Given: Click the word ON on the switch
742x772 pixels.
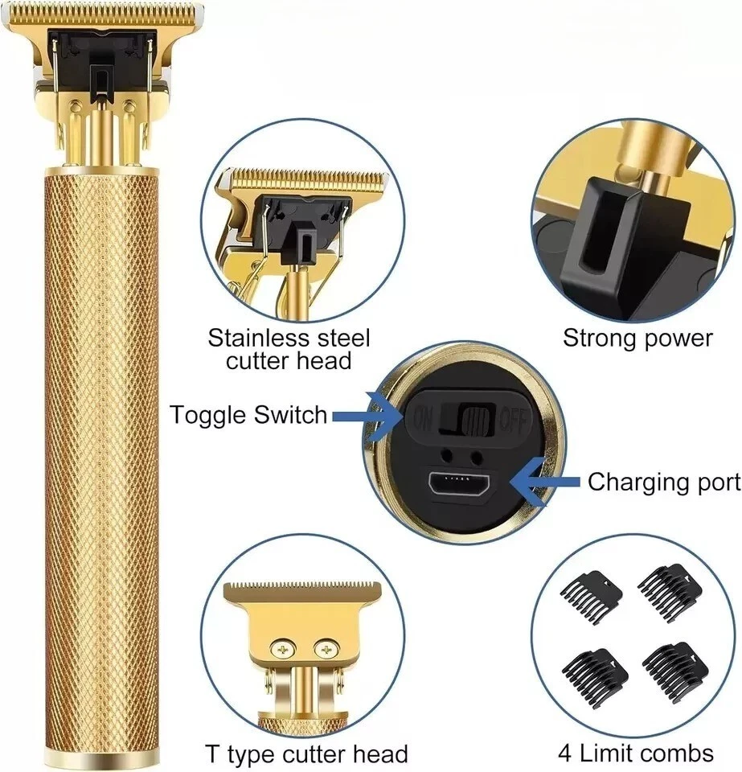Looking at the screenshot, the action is click(x=423, y=419).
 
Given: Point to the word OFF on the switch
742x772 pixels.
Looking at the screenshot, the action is click(x=513, y=421).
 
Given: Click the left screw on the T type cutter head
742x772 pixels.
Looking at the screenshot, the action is click(x=283, y=650).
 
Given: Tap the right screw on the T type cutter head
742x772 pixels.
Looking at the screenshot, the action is click(x=325, y=650).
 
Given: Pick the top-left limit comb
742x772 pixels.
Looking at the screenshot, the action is click(x=590, y=595).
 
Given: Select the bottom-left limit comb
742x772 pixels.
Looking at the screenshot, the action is click(x=595, y=673).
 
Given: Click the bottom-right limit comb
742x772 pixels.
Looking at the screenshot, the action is click(x=675, y=666).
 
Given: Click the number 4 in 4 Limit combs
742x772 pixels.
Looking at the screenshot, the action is click(x=566, y=754).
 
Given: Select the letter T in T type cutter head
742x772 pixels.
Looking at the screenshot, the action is click(x=212, y=754).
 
